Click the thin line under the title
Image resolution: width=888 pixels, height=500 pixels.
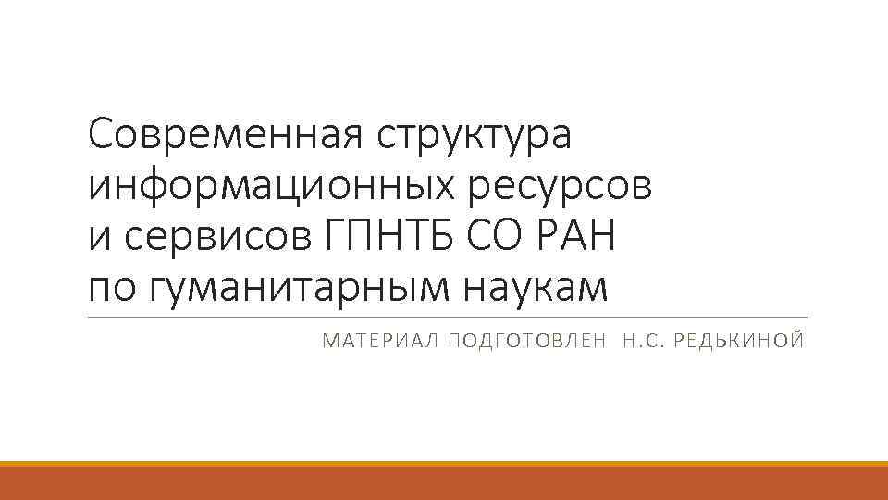click(444, 318)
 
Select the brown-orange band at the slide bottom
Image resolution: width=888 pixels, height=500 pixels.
click(444, 484)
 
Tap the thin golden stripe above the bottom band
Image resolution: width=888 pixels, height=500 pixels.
click(444, 464)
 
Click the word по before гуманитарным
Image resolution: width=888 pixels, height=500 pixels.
click(112, 289)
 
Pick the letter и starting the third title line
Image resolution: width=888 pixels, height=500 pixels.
click(98, 239)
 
